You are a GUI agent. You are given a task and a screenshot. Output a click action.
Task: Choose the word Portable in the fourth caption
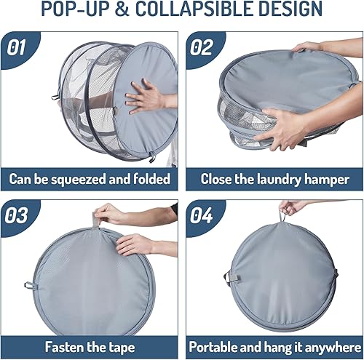[218, 345]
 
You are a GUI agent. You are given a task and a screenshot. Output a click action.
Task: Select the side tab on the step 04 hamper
[231, 276]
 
